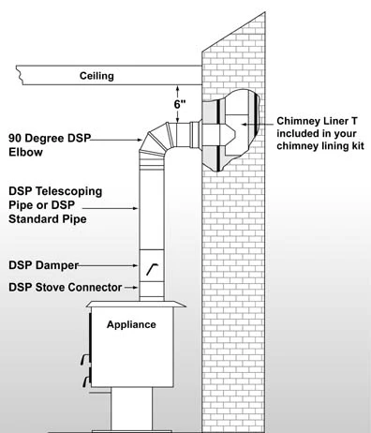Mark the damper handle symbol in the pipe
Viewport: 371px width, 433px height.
pos(151,268)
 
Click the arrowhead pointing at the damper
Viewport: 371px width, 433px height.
pos(137,265)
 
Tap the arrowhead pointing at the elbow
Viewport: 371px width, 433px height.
pos(138,140)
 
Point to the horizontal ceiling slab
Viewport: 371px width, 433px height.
pos(103,72)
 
